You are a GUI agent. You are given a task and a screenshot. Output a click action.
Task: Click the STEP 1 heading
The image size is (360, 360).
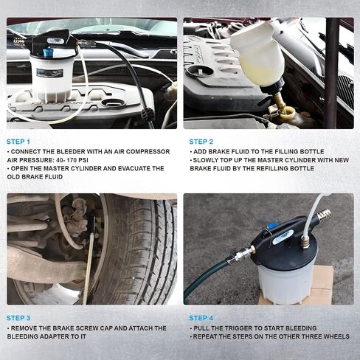(18, 142)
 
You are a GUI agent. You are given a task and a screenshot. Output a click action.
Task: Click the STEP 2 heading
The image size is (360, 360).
(201, 142)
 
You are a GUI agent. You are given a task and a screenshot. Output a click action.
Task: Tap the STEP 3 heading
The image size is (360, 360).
(18, 318)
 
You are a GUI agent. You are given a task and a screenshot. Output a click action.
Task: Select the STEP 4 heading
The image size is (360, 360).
(201, 318)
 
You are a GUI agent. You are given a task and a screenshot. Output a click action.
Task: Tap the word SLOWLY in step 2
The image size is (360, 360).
(205, 160)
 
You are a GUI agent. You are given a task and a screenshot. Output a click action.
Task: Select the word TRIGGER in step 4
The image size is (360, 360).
(232, 328)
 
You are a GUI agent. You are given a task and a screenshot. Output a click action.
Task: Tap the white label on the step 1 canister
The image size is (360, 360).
(49, 72)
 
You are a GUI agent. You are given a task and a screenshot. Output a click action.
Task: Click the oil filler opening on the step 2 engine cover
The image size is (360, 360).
(199, 72)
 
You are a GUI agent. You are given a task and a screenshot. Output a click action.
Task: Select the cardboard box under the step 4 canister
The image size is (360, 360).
(320, 285)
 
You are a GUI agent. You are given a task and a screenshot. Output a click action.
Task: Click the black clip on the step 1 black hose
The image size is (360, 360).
(147, 114)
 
